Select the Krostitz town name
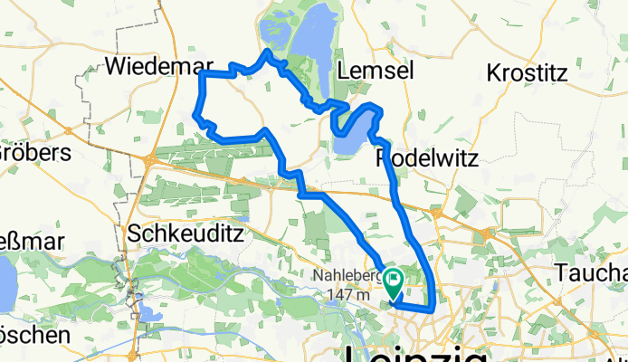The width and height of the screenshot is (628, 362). pos(529,71)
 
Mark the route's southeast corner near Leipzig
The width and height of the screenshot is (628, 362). pos(432,310)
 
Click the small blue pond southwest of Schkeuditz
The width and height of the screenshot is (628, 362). pos(145,312)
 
